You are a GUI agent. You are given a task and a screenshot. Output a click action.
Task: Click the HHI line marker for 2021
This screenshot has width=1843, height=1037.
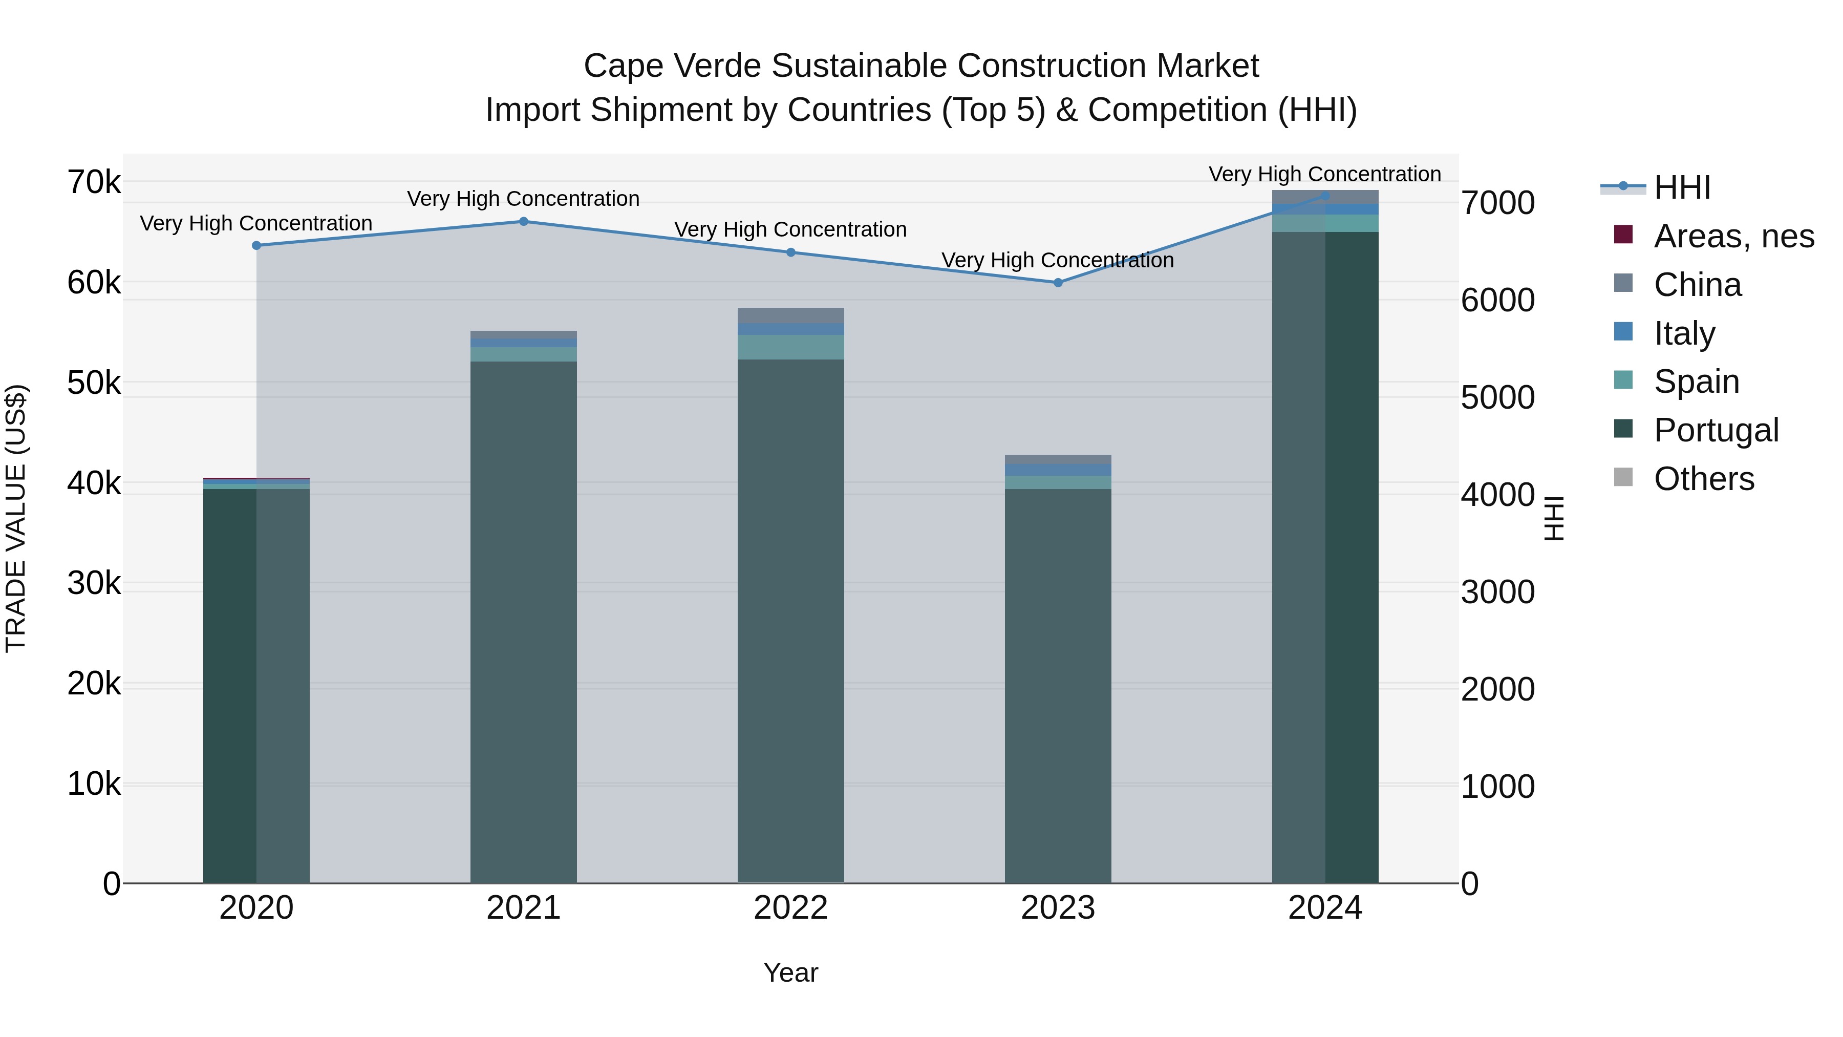click(x=523, y=222)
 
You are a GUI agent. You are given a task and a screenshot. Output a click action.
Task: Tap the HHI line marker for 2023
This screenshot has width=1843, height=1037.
click(x=1058, y=283)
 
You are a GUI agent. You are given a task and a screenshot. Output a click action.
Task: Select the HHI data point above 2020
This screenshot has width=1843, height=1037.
click(x=256, y=245)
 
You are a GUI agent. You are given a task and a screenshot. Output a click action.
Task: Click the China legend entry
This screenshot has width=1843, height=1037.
click(x=1697, y=285)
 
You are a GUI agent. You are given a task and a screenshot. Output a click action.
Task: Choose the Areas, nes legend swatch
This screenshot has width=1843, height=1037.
click(x=1623, y=235)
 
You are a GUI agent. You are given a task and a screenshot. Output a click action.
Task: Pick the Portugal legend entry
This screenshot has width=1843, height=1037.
click(x=1715, y=430)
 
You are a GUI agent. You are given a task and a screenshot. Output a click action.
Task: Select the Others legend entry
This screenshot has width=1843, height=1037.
click(x=1703, y=479)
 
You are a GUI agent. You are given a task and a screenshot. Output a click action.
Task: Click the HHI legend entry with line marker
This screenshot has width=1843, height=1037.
click(x=1681, y=187)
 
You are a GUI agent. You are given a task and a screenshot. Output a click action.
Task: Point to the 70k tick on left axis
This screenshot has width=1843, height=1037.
click(x=94, y=182)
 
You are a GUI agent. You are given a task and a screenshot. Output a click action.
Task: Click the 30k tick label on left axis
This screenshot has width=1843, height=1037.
click(x=94, y=583)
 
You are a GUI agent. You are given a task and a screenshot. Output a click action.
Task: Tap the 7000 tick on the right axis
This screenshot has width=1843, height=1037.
click(x=1497, y=203)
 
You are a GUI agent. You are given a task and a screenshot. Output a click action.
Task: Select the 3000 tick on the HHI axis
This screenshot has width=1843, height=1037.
click(x=1497, y=592)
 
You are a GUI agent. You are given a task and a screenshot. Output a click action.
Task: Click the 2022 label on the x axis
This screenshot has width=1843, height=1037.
click(x=790, y=908)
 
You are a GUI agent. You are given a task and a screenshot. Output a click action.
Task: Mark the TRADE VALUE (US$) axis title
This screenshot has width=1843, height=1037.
click(x=16, y=518)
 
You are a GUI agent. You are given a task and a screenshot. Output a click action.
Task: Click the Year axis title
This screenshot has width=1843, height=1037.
click(x=790, y=972)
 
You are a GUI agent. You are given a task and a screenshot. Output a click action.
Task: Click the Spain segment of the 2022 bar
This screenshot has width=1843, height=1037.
click(x=790, y=347)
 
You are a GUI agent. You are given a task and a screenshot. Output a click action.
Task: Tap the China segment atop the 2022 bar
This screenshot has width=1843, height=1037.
click(x=790, y=315)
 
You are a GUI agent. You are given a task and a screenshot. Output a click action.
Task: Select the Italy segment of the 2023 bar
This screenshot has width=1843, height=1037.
click(x=1058, y=470)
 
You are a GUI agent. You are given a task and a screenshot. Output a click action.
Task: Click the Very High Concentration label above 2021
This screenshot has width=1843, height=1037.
click(x=523, y=199)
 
